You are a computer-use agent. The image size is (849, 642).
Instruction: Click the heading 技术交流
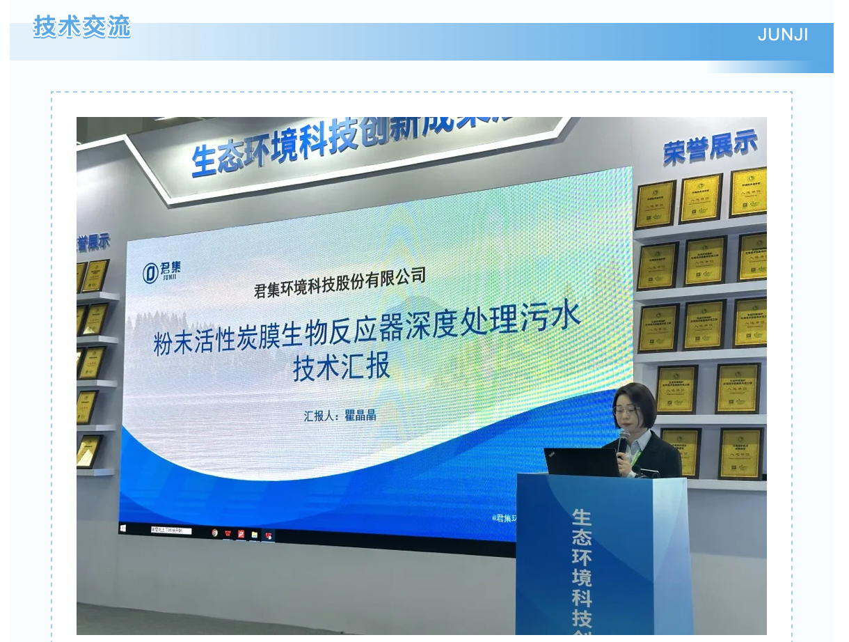coord(82,27)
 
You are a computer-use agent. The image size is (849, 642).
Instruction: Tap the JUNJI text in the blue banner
coord(783,35)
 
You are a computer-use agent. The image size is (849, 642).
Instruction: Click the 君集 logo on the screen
coord(161,272)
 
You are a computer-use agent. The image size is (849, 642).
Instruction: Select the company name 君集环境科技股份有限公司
coord(340,282)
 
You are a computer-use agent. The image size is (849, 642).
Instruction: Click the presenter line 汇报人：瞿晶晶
coord(340,416)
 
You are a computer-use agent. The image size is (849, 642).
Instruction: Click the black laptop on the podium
coord(580,462)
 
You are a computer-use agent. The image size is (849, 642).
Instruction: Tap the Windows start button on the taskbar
coord(124,529)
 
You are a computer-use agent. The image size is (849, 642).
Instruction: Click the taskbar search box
coord(170,530)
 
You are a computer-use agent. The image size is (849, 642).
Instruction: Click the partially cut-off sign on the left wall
coord(93,243)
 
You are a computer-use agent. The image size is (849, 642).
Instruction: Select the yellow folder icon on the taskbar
coord(255,534)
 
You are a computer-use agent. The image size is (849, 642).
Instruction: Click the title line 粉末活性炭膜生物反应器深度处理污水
coord(367,331)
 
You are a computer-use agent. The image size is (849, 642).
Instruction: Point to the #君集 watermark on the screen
coord(505,517)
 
